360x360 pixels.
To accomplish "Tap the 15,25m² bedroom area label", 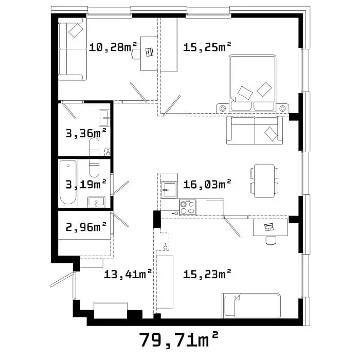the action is pos(207,47).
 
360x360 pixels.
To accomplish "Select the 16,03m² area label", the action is pos(207,184).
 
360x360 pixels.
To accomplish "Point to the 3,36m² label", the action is pos(86,133).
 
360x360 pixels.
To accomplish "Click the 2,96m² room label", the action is pos(86,227).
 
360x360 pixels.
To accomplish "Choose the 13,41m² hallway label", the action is pos(128,274).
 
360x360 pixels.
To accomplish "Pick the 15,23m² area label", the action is pos(207,274).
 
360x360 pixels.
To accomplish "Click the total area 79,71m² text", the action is pos(178,340).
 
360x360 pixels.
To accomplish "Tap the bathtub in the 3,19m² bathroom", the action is pos(68,183).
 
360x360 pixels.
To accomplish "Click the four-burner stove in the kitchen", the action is pos(188,207).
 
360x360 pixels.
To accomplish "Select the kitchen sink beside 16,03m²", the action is pos(169,190).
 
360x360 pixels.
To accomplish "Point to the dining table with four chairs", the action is pos(264,181).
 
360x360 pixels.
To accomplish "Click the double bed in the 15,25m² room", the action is pos(253,83).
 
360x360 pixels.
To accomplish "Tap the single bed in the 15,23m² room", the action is pos(251,306).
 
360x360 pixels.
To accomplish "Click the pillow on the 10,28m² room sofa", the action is pos(76,30).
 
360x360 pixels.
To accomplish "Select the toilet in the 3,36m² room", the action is pos(94,147).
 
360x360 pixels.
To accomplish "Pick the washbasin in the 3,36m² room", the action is pos(104,118).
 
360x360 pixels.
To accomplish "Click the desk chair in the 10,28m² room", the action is pos(136,53).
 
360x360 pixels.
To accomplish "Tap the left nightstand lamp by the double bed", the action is pos(223,109).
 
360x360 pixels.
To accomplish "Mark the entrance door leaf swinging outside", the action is pos(62,280).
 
